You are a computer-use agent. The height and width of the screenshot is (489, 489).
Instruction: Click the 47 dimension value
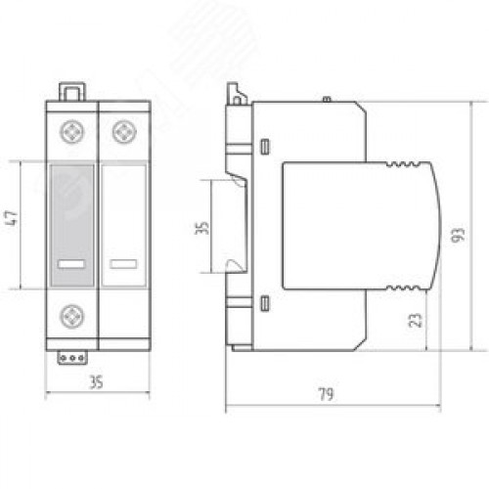pos(12,218)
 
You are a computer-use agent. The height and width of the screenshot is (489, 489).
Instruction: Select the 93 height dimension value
pos(458,235)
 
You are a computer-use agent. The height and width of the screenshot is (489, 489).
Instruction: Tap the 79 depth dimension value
pos(326,394)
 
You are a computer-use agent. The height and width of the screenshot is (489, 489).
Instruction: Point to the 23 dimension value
pos(416,320)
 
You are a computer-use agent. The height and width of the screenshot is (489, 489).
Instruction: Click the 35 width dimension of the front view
pos(97,382)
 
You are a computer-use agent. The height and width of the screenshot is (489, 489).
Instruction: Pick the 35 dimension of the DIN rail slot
pos(201,228)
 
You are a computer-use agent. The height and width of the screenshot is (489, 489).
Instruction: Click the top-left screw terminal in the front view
pos(72,132)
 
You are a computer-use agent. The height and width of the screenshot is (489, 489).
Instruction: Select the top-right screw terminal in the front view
pos(124,132)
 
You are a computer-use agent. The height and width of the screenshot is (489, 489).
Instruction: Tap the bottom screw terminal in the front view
pos(72,316)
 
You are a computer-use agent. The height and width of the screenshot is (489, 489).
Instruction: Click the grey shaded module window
pos(72,226)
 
